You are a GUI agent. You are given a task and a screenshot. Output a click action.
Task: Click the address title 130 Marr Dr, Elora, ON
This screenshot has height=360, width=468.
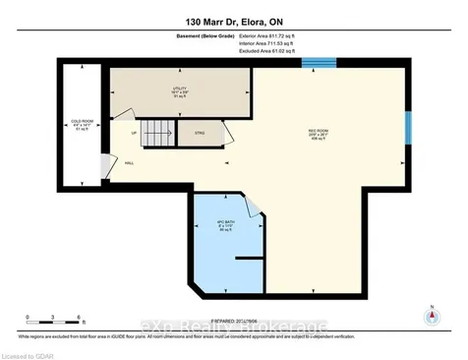pyautogui.click(x=233, y=21)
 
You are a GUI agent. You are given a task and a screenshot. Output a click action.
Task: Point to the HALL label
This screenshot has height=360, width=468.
pyautogui.click(x=129, y=163)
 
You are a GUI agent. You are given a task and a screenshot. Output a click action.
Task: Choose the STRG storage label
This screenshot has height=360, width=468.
pyautogui.click(x=200, y=133)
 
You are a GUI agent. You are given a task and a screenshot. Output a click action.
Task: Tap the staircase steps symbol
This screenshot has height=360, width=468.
pyautogui.click(x=159, y=131)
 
